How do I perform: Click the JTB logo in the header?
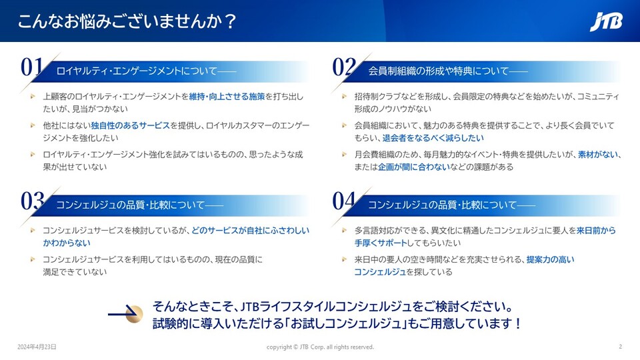coord(606,21)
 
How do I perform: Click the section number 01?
coord(32,67)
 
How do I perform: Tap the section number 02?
coord(344,67)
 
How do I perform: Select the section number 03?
coord(32,201)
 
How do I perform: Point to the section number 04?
coord(344,201)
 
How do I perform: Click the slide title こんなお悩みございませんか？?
coord(127,21)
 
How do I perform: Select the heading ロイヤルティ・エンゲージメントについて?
coord(137,71)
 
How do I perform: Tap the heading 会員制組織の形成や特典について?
coord(439,71)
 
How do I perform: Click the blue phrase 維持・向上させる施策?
coord(227,97)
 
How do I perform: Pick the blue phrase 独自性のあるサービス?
coord(130,126)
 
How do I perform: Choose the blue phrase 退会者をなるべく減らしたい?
coord(433,138)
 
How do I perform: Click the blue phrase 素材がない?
coord(598,155)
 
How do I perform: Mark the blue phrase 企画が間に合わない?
coord(414,167)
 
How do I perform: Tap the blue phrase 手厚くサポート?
coord(381,243)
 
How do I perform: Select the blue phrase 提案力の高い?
coord(550,259)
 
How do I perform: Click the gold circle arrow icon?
coord(134,314)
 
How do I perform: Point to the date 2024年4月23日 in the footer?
coord(37,347)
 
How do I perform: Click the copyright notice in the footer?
coord(320,347)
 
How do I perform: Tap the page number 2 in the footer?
coord(621,347)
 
